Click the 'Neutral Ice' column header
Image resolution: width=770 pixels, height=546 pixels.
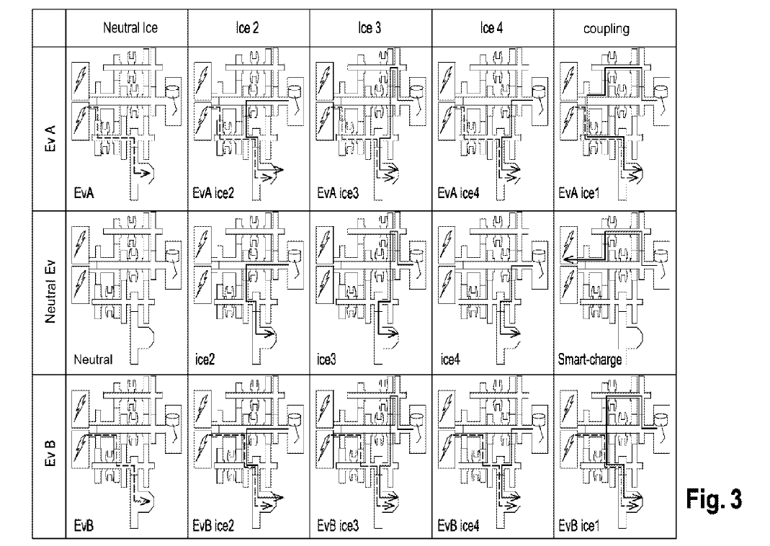[130, 28]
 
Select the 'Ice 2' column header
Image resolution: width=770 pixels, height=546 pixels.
[247, 28]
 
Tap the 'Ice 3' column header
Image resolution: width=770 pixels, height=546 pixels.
[370, 28]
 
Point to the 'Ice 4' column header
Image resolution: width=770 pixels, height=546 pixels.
[491, 28]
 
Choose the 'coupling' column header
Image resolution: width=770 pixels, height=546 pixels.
[606, 29]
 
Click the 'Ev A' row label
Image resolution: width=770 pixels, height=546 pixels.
[50, 138]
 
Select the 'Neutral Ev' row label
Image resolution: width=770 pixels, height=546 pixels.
[50, 292]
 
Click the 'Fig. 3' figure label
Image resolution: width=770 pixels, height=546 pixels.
[714, 499]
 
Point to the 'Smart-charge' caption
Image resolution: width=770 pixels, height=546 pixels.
[590, 360]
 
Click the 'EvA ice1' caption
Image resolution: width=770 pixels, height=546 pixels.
[579, 194]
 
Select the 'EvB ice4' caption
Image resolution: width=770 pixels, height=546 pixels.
[458, 527]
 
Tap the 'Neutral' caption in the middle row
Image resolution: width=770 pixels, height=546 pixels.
[93, 360]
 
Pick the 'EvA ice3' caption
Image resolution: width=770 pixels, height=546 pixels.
[338, 194]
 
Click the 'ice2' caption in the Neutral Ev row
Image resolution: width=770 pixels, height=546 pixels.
[205, 360]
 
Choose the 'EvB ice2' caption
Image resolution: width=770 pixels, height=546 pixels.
[213, 527]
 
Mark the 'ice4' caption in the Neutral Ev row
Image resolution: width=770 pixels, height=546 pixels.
[450, 360]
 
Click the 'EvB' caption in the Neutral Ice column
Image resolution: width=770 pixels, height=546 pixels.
[84, 527]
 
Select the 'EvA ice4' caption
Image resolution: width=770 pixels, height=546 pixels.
[458, 194]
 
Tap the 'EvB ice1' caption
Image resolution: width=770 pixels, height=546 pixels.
[579, 527]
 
